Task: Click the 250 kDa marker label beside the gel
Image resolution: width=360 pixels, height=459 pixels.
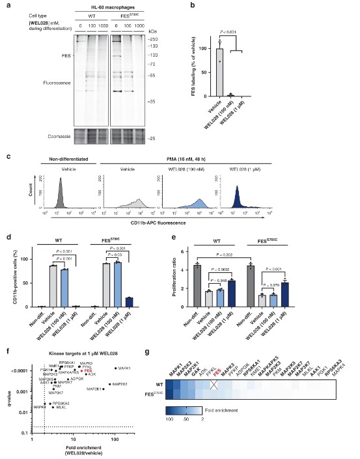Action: point(171,39)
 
